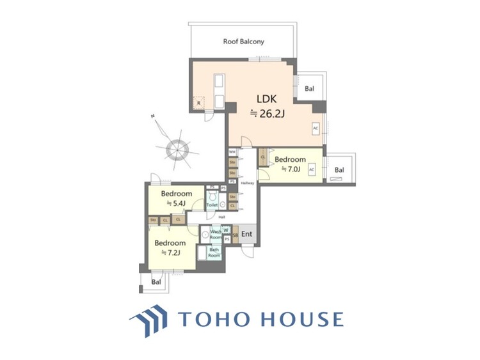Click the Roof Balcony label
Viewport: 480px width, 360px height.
click(x=243, y=42)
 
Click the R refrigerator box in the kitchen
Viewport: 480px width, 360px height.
click(x=200, y=102)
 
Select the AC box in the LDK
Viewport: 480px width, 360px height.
click(x=315, y=127)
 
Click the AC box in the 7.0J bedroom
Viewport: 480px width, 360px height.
click(x=312, y=170)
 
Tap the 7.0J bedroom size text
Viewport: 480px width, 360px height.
click(x=291, y=169)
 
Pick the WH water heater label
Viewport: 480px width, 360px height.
click(x=232, y=152)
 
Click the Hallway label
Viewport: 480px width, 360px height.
click(x=248, y=184)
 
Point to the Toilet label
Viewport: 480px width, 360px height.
click(x=211, y=205)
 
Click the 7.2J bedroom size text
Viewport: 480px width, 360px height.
click(x=170, y=253)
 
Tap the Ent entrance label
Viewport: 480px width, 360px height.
click(x=247, y=234)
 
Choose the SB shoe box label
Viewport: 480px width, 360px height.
click(x=236, y=235)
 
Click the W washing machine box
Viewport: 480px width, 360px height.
click(x=227, y=231)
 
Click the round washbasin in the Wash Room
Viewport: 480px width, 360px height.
click(x=205, y=235)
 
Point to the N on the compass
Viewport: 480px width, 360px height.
click(x=152, y=116)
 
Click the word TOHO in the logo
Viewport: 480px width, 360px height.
click(x=211, y=319)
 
